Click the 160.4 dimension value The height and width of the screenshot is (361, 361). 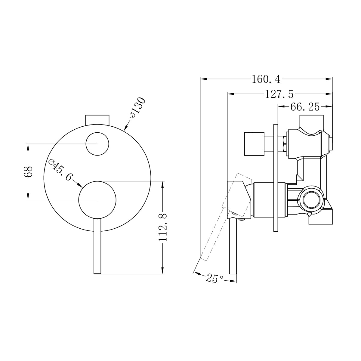click(x=266, y=79)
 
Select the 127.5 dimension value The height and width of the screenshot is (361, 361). click(x=279, y=94)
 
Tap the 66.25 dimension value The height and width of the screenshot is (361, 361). click(x=305, y=107)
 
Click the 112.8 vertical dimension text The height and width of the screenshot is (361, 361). click(x=163, y=227)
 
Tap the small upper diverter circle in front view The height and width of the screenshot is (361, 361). click(x=97, y=144)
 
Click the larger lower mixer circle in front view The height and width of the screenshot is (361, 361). click(x=97, y=199)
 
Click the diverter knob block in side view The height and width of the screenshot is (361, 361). click(x=254, y=144)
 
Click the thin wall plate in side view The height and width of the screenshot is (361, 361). click(x=276, y=177)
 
